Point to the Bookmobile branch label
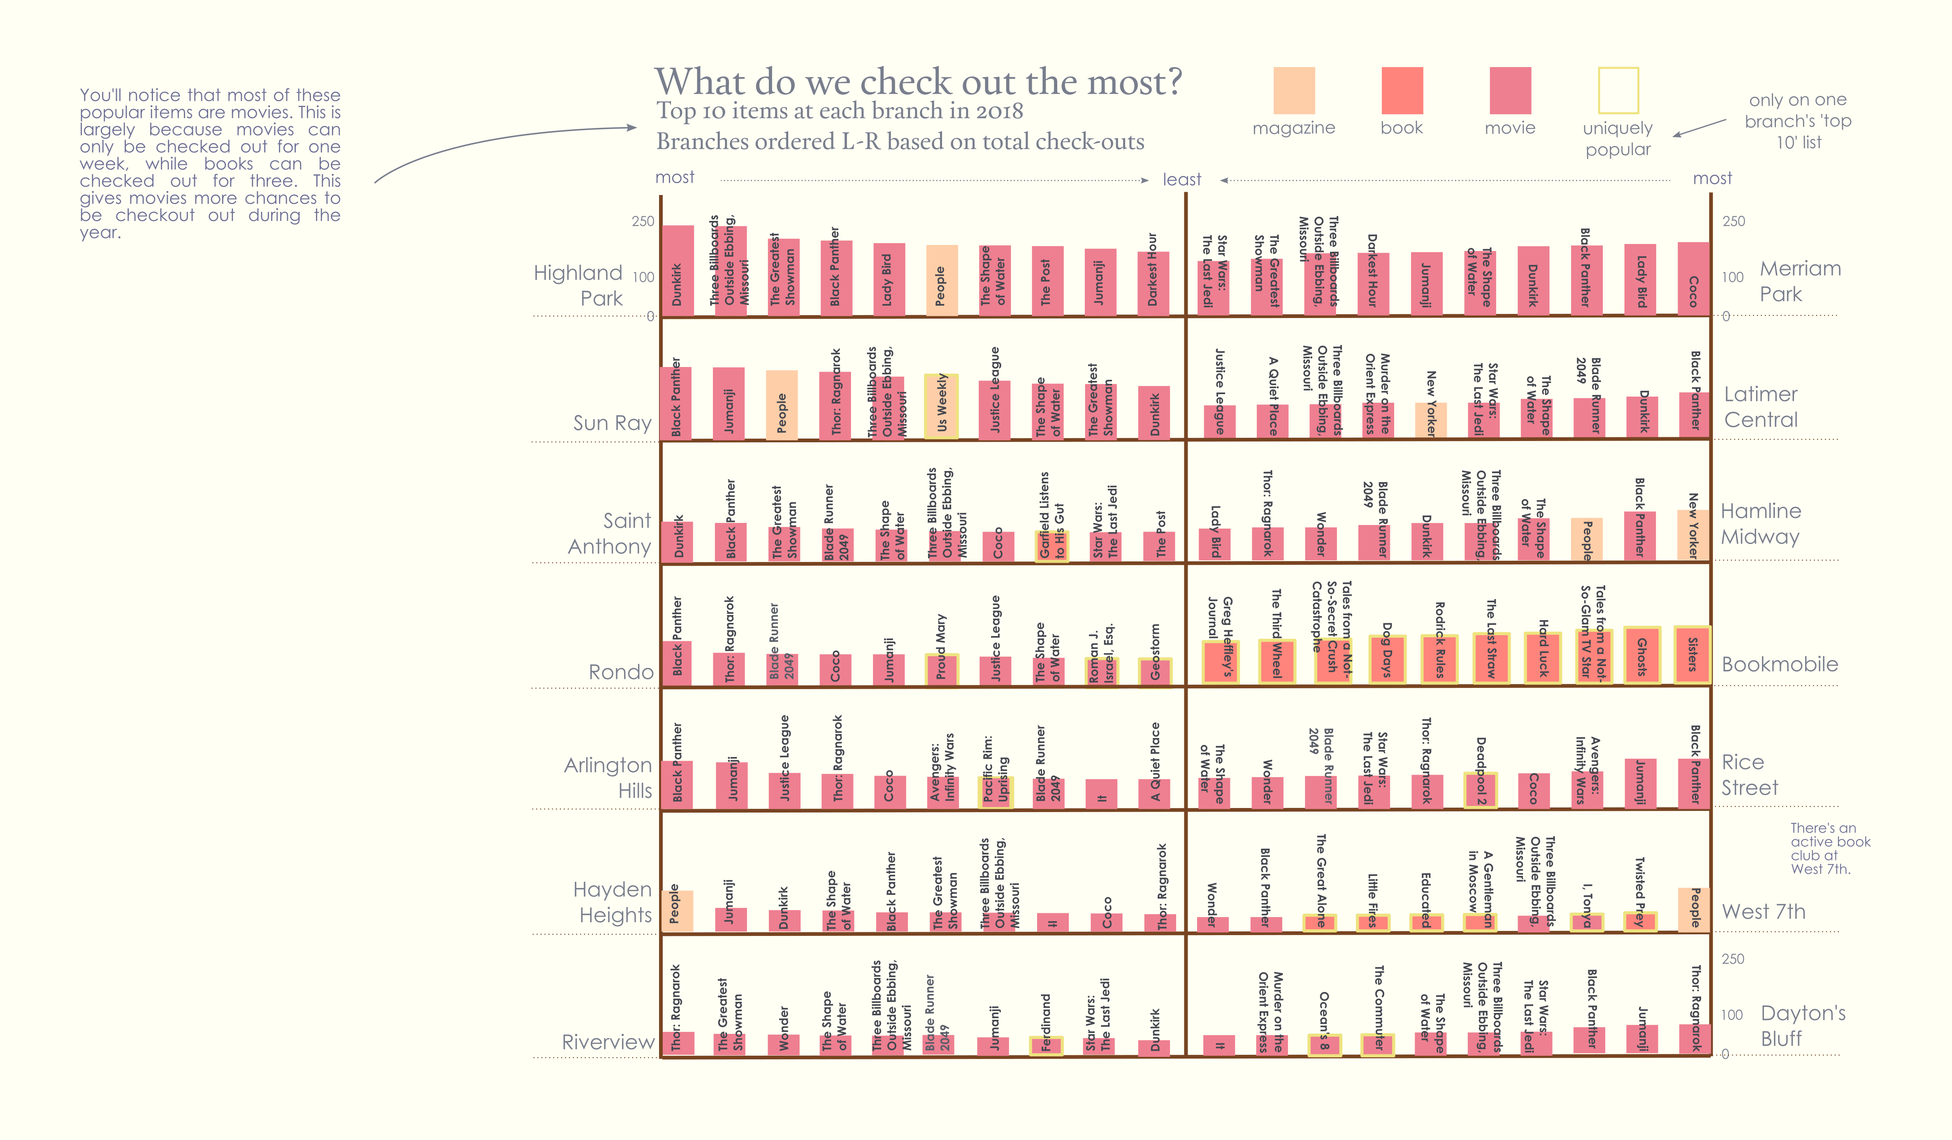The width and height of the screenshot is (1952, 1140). point(1779,664)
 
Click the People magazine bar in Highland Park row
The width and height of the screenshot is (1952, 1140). point(941,280)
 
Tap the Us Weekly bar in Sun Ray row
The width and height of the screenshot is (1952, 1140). point(941,406)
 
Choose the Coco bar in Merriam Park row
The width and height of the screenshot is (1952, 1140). point(1693,279)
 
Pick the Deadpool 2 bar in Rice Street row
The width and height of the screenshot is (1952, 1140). point(1480,790)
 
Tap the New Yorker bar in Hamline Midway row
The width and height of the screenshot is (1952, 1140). point(1693,534)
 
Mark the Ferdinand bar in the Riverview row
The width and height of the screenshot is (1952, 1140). point(1046,1045)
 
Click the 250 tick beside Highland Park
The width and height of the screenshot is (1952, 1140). point(643,221)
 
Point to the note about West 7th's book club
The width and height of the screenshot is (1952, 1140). point(1829,849)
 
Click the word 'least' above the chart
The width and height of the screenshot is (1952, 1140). point(1181,180)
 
